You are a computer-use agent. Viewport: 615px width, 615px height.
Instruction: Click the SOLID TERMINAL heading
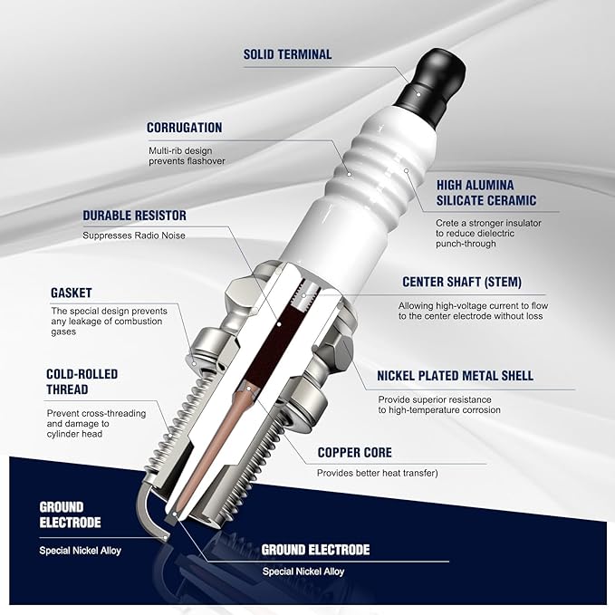[287, 54]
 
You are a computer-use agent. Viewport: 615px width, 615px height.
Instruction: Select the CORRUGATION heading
[185, 128]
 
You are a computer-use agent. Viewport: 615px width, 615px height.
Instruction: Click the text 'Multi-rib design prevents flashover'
[187, 156]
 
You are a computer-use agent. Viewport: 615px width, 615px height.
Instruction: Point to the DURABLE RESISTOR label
[135, 216]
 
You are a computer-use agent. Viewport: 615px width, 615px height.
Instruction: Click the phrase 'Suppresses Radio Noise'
[134, 235]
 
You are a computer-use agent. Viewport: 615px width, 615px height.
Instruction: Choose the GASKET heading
[71, 293]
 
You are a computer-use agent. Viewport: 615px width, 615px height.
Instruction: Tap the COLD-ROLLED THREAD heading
[82, 381]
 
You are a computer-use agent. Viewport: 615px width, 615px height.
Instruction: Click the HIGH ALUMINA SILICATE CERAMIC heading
[486, 193]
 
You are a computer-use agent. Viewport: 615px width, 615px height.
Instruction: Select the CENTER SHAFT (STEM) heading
[462, 282]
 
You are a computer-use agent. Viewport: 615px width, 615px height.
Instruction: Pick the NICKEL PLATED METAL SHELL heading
[455, 376]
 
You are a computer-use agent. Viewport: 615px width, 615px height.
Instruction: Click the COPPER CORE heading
[354, 452]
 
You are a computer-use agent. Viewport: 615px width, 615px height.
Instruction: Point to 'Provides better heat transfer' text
[378, 473]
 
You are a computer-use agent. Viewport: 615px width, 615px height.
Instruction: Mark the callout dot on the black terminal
[418, 94]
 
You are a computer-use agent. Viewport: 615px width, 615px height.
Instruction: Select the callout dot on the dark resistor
[278, 324]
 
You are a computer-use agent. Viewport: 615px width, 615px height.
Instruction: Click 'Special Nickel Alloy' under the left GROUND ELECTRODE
[80, 551]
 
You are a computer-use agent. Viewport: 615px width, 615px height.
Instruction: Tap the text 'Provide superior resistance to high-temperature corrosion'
[439, 405]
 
